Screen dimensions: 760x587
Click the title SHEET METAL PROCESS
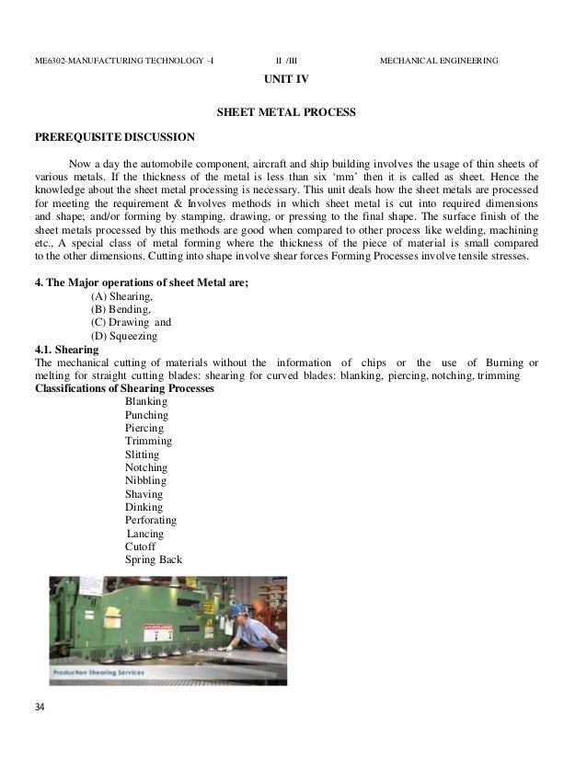pyautogui.click(x=285, y=113)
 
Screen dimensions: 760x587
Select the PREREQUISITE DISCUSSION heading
pyautogui.click(x=114, y=138)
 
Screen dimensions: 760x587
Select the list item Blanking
pyautogui.click(x=145, y=402)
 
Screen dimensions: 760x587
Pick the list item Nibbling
pyautogui.click(x=145, y=480)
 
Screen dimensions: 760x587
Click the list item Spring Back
pyautogui.click(x=153, y=559)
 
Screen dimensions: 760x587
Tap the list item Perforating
pyautogui.click(x=151, y=520)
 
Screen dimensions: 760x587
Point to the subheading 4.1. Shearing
pyautogui.click(x=62, y=350)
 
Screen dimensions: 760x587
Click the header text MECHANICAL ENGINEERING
pyautogui.click(x=439, y=61)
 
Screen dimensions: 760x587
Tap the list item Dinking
pyautogui.click(x=144, y=507)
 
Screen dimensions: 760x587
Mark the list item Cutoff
pyautogui.click(x=142, y=547)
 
